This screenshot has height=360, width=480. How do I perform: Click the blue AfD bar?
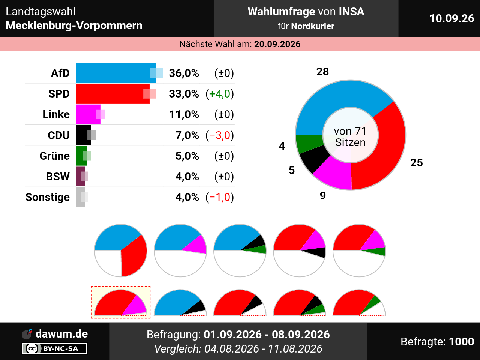click(x=116, y=73)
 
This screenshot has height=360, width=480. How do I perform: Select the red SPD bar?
click(x=112, y=93)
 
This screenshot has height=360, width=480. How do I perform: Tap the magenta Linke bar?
click(x=88, y=114)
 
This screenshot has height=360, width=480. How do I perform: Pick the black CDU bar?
click(x=84, y=135)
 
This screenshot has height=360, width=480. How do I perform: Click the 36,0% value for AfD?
click(x=184, y=73)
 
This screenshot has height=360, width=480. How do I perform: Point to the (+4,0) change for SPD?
click(x=220, y=94)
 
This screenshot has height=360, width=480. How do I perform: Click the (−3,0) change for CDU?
click(x=220, y=135)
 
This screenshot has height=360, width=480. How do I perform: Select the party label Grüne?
click(x=55, y=156)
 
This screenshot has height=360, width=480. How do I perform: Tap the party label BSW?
click(x=58, y=177)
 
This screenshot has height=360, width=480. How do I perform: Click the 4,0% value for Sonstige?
click(x=187, y=197)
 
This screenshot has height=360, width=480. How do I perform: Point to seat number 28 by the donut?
click(x=322, y=72)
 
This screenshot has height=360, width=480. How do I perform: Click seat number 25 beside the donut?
click(x=416, y=163)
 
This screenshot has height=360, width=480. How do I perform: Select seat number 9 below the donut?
click(x=323, y=196)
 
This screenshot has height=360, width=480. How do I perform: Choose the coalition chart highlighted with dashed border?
click(x=121, y=302)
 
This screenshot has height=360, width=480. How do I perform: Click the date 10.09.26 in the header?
click(x=451, y=18)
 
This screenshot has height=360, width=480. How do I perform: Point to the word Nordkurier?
click(x=313, y=26)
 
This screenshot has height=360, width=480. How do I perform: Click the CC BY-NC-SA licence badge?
click(x=54, y=348)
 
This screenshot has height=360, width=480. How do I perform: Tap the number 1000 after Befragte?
click(x=461, y=341)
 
